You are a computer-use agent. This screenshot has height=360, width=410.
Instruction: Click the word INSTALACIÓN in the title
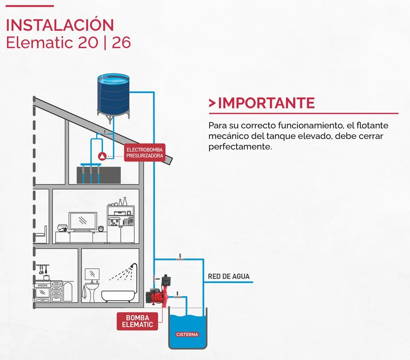(60, 25)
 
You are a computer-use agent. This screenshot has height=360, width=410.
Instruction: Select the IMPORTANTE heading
(266, 103)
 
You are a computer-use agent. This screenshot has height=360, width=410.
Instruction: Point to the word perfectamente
(240, 147)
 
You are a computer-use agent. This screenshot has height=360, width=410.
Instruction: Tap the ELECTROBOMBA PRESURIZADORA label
(145, 152)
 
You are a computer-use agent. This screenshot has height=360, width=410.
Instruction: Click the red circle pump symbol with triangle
(102, 156)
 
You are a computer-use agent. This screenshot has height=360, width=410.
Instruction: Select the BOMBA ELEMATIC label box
(137, 321)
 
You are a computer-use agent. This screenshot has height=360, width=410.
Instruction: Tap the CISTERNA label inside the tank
(187, 335)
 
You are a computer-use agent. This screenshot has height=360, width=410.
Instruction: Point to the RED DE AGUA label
(229, 276)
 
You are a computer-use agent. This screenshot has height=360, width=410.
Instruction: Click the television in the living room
(82, 221)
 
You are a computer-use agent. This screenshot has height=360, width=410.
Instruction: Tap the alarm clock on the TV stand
(101, 228)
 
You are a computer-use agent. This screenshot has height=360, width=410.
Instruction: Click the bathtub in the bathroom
(118, 295)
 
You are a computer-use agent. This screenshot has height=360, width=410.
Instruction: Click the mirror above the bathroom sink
(92, 273)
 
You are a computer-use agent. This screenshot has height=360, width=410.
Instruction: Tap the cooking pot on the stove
(46, 277)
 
